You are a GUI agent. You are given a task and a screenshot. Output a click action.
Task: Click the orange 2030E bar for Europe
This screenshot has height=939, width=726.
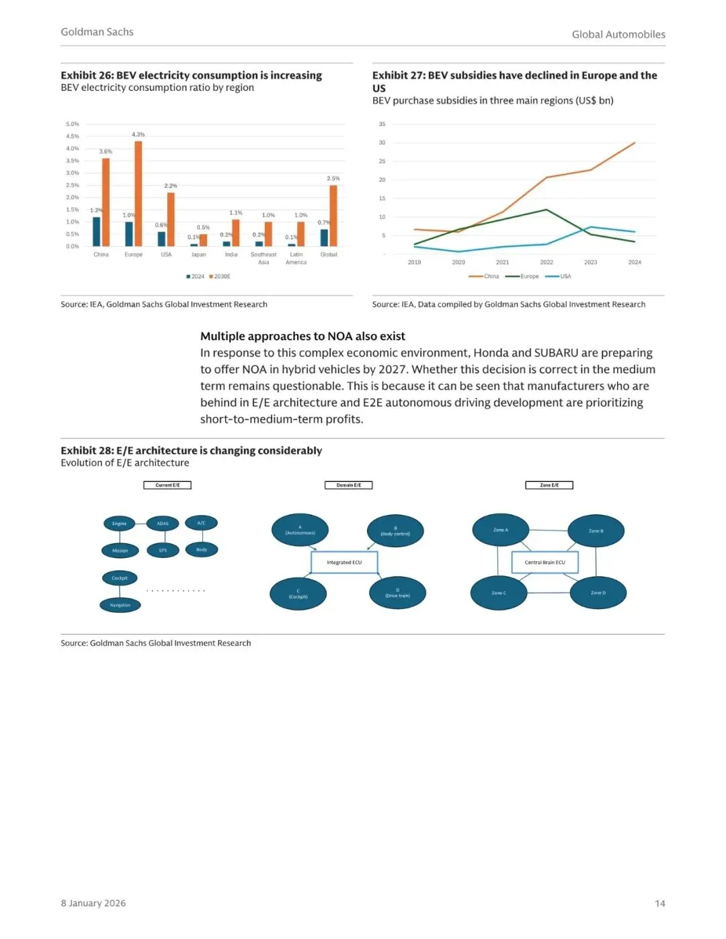coord(138,194)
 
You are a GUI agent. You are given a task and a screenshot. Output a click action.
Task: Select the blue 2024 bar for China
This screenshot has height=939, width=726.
coord(97,232)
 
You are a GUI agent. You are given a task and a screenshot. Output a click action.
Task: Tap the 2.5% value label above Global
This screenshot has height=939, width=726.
coord(333,179)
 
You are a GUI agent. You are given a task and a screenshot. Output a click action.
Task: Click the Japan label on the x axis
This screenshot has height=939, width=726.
coord(199,255)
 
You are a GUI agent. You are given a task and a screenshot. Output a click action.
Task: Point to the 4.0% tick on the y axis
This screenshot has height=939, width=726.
coord(73,149)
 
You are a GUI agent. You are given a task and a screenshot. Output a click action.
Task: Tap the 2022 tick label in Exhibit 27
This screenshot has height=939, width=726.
coord(547,262)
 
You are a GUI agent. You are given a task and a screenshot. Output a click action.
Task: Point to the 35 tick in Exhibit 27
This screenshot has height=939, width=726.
coord(382,124)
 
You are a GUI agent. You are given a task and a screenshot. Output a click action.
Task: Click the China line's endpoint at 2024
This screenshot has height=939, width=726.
coord(635,143)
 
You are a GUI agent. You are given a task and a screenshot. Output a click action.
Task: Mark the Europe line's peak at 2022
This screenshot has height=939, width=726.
coord(547,210)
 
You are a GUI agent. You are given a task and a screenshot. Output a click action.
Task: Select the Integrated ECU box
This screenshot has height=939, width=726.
coord(344,563)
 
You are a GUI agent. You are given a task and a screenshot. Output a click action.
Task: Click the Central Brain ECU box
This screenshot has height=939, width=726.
coord(544,563)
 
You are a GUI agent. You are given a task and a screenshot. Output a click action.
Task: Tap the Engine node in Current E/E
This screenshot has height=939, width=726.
coord(120,524)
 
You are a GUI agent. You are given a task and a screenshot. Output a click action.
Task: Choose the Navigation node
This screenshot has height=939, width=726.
coord(120,605)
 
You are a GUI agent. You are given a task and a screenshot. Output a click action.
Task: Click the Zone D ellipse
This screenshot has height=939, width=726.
coord(598,593)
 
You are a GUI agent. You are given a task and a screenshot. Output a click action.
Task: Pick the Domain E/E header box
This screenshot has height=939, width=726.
coord(348,485)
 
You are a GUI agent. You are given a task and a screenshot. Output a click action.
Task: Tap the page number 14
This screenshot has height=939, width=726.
coord(659,903)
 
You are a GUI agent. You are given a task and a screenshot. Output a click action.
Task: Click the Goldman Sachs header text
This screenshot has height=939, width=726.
coord(97,32)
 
